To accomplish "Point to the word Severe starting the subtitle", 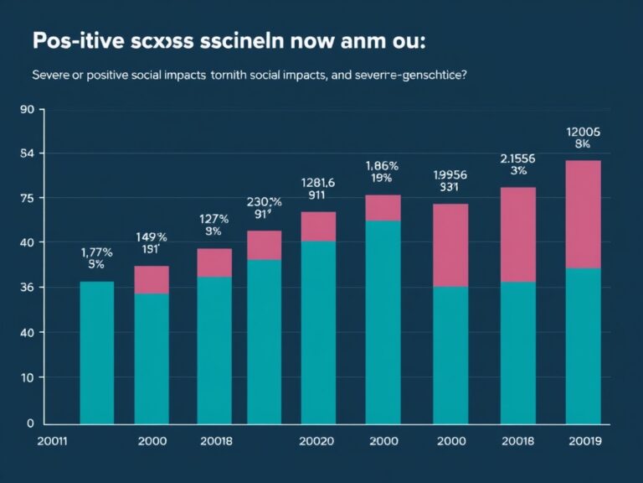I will coord(53,75).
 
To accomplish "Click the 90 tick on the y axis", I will coord(26,110).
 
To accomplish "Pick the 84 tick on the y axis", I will coord(26,154).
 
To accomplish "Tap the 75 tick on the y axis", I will coord(26,199).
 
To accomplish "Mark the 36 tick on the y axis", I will coord(26,288).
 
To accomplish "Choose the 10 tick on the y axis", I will coord(26,377).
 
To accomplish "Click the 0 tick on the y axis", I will coord(29,423).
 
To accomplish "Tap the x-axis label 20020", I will coord(317,441).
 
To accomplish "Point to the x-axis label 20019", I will coord(584,441).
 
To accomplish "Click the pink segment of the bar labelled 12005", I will coord(584,214).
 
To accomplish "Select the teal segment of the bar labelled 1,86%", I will coord(383,323).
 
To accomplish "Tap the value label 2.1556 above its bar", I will coord(518,158).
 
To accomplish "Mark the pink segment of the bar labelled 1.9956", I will coord(450,245).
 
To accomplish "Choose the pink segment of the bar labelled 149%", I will coord(152,279).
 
